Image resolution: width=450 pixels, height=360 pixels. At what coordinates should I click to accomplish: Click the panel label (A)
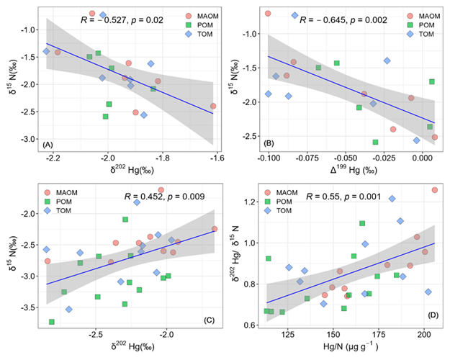pos(49,145)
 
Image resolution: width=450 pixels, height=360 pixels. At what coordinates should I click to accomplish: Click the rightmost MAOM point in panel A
pos(213,106)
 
